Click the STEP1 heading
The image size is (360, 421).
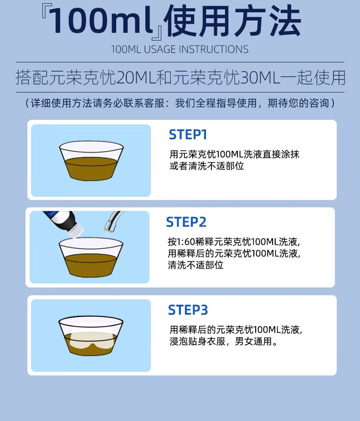point(188,134)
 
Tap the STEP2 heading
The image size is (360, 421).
point(186,222)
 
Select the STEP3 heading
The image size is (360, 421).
point(188,310)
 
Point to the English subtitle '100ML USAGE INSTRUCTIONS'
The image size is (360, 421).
point(180,49)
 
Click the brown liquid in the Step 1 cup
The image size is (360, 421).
point(91,169)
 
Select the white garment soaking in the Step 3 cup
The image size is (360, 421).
point(93,341)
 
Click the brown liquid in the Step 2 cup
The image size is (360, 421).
point(91,265)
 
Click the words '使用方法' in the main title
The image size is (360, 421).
point(232,21)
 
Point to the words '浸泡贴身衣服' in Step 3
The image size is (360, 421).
point(197,341)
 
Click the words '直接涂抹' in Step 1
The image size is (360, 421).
point(281,154)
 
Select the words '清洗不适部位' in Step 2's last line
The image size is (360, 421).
point(195,265)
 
